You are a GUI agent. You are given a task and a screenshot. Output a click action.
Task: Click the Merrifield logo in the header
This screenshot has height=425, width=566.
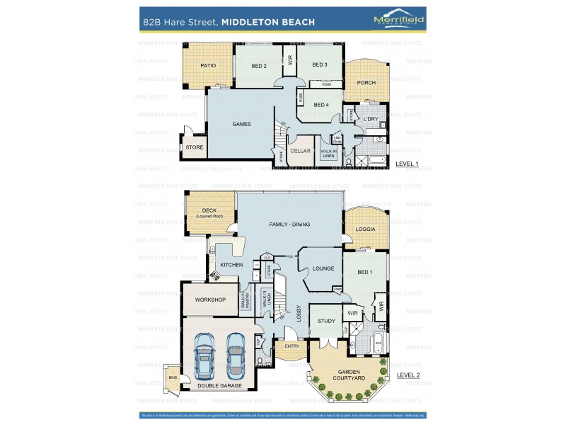pos(398,21)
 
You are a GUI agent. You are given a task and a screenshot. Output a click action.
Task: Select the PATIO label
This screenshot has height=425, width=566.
pos(207,65)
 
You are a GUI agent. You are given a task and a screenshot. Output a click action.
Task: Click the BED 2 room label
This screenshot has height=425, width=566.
pos(258,66)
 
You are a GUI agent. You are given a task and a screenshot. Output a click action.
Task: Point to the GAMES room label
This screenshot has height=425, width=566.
pos(242,124)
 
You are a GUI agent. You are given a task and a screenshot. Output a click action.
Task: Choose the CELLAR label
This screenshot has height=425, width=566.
pos(301,151)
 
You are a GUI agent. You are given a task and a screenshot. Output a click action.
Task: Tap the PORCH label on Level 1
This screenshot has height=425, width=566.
pos(366,83)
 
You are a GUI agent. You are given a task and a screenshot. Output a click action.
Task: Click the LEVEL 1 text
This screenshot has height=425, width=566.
pos(407,164)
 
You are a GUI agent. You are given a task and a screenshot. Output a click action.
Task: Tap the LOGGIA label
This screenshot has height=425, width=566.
pos(366,229)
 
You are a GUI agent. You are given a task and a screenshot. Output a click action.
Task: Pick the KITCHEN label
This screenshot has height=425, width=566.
pos(231,264)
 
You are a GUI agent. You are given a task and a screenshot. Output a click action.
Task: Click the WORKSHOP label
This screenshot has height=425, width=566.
pos(210,300)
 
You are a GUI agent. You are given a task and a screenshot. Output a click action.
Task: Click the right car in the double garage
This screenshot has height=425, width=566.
pos(236,355)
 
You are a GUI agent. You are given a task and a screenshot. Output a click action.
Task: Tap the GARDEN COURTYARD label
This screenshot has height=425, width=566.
pos(350,375)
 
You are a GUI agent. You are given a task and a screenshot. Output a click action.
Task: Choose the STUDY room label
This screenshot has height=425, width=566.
pos(326,321)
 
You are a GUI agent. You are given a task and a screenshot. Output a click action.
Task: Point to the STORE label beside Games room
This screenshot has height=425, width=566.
pos(195,147)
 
